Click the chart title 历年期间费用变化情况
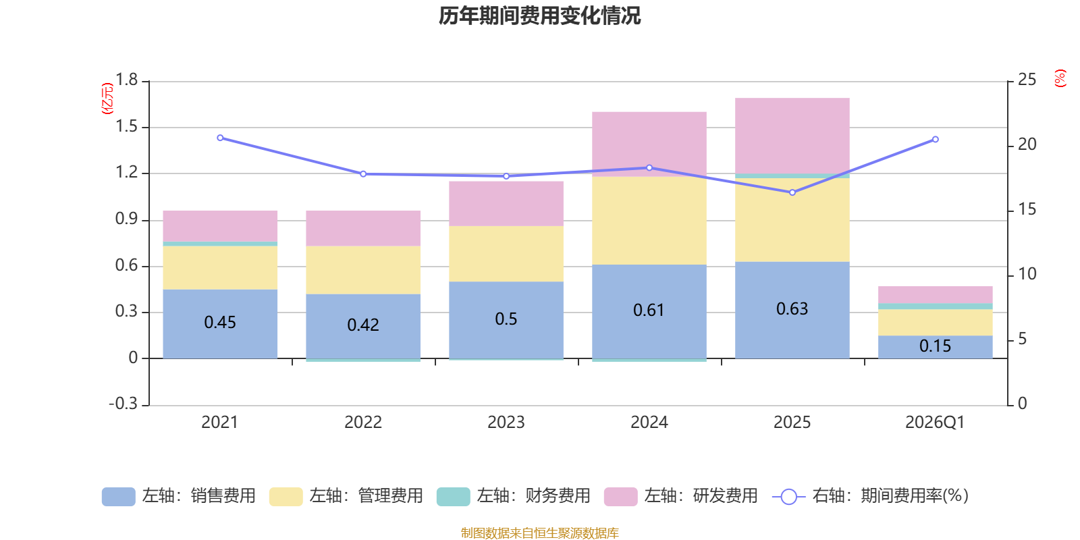pyautogui.click(x=539, y=16)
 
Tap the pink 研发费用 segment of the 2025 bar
pyautogui.click(x=792, y=135)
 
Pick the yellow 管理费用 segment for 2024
pyautogui.click(x=649, y=220)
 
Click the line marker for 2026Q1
pyautogui.click(x=935, y=140)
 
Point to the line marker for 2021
pyautogui.click(x=220, y=138)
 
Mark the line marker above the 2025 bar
pyautogui.click(x=792, y=192)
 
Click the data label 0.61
pyautogui.click(x=649, y=310)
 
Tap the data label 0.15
pyautogui.click(x=935, y=346)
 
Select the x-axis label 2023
pyautogui.click(x=506, y=423)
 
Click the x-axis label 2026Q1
pyautogui.click(x=935, y=423)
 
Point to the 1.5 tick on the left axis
pyautogui.click(x=126, y=127)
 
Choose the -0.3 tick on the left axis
pyautogui.click(x=124, y=404)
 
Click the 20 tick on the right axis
pyautogui.click(x=1027, y=144)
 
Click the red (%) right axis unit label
pyautogui.click(x=1060, y=78)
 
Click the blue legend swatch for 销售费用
pyautogui.click(x=118, y=496)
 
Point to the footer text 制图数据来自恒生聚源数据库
pyautogui.click(x=539, y=533)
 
